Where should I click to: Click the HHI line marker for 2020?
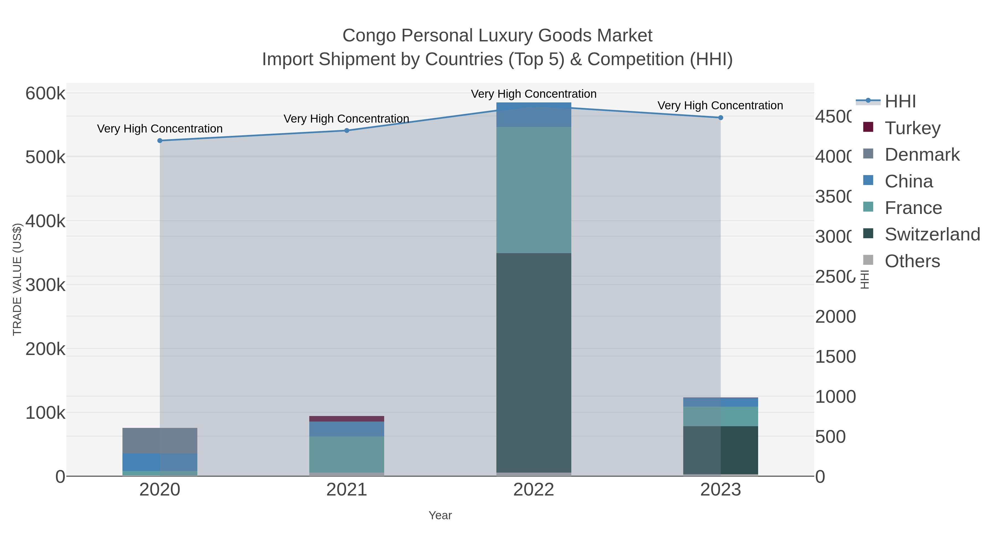click(160, 141)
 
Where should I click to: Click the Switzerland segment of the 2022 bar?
click(534, 363)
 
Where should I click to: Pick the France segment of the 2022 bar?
click(534, 190)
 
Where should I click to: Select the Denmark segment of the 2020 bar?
click(160, 441)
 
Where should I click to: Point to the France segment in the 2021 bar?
click(347, 454)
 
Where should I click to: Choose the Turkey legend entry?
click(912, 128)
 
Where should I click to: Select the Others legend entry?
click(912, 261)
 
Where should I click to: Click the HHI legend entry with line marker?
click(900, 102)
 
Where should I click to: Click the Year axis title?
click(440, 515)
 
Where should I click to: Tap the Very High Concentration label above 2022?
click(534, 94)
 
